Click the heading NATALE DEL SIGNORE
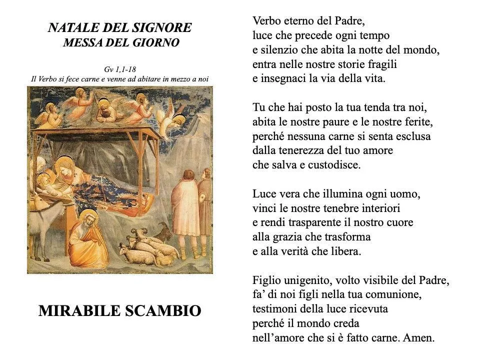point(119,28)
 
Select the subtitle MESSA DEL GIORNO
point(121,43)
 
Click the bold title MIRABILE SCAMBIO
point(120,311)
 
